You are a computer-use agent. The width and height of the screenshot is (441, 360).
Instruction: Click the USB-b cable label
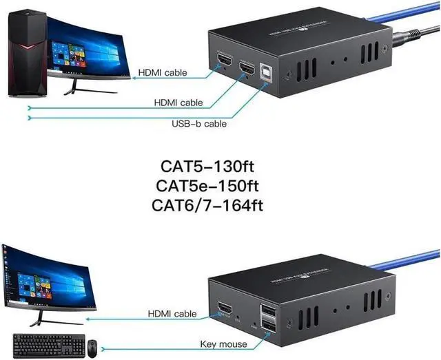pyautogui.click(x=198, y=125)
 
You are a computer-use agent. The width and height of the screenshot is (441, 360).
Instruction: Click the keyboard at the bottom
pyautogui.click(x=47, y=344)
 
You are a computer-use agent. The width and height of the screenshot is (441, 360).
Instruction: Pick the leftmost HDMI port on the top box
pyautogui.click(x=226, y=64)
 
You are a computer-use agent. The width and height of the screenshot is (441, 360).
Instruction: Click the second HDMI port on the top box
pyautogui.click(x=246, y=70)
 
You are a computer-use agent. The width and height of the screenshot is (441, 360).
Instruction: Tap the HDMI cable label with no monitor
pyautogui.click(x=178, y=103)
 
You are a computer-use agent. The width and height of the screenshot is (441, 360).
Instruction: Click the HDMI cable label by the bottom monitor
pyautogui.click(x=172, y=313)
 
